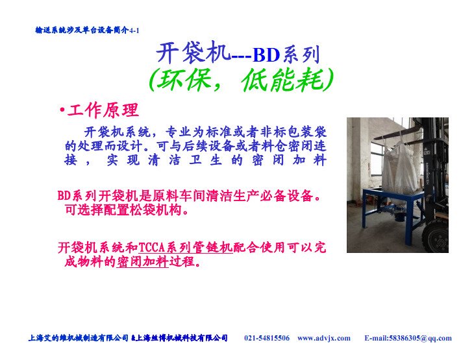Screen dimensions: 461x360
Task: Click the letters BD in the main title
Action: (x=266, y=54)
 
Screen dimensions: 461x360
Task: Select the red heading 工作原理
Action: (x=103, y=110)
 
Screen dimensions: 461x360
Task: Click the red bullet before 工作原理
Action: (x=62, y=110)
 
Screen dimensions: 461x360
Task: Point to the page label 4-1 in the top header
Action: (x=134, y=30)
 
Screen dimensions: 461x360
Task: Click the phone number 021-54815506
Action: (x=267, y=338)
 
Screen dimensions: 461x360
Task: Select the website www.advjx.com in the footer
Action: (x=324, y=338)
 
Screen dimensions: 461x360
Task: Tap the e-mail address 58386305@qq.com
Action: (x=421, y=338)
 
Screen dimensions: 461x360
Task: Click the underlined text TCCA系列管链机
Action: (x=186, y=248)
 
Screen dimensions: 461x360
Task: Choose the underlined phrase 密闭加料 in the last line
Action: (x=143, y=261)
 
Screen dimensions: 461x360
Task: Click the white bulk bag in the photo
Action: (x=399, y=168)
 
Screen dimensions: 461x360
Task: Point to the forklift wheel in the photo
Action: (x=436, y=237)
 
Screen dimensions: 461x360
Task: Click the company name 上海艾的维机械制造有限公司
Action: (x=79, y=338)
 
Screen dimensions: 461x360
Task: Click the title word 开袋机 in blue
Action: (x=193, y=53)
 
